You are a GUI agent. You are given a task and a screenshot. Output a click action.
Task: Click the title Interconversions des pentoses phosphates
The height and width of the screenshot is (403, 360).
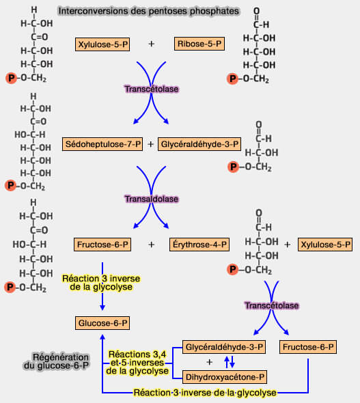(x=148, y=12)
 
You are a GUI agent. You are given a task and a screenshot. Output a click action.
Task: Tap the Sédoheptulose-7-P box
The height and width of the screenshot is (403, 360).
(x=103, y=144)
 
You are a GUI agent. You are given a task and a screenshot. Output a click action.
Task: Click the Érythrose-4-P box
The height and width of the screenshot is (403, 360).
(x=199, y=244)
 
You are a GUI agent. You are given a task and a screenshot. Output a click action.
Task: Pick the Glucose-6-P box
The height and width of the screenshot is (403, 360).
(x=102, y=322)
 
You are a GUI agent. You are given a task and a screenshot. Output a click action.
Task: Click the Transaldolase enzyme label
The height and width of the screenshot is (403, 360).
(x=151, y=199)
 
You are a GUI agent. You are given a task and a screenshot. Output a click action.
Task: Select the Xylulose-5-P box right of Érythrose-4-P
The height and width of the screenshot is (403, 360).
(x=325, y=244)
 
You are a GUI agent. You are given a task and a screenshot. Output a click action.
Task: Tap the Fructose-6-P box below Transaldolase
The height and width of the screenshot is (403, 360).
(x=102, y=244)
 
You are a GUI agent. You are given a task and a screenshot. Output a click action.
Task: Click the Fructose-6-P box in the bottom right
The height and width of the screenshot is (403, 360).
(x=308, y=348)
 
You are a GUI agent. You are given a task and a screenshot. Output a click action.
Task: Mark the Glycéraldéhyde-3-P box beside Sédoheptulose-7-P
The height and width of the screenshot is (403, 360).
(x=199, y=144)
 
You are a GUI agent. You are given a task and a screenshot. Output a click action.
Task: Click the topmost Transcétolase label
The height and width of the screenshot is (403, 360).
(x=150, y=89)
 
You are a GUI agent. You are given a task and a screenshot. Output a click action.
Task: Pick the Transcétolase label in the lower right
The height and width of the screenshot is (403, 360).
(x=271, y=305)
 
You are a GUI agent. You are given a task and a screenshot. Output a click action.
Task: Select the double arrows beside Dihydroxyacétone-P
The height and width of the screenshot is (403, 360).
(x=230, y=362)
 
